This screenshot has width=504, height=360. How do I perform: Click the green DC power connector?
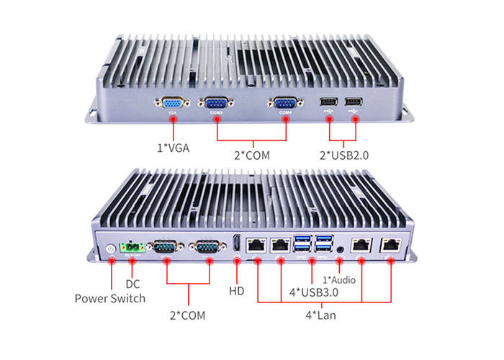click(132, 248)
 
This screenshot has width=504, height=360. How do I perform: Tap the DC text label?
click(132, 284)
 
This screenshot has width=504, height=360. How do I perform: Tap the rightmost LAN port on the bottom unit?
click(391, 244)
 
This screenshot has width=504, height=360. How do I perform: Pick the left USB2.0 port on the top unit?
click(329, 102)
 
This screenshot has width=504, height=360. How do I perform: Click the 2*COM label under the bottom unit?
click(189, 315)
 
